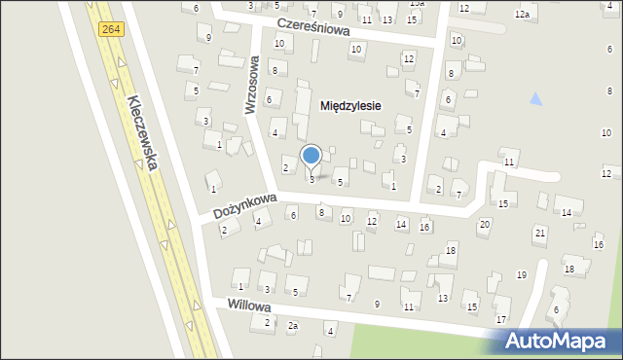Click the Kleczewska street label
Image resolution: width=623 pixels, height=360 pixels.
(142, 133)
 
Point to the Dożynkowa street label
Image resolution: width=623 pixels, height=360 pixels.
(238, 206)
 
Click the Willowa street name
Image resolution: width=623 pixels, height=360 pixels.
(246, 306)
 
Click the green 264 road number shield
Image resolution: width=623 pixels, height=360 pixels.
(110, 31)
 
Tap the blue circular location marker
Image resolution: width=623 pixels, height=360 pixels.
(311, 156)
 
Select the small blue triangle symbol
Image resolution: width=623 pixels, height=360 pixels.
(534, 99)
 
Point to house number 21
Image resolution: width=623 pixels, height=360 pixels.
(540, 233)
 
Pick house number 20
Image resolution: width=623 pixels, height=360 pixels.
(484, 225)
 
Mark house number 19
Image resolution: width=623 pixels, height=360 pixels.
(522, 275)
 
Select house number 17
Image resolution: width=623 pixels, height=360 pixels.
(501, 319)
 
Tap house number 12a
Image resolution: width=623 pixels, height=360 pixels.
(523, 14)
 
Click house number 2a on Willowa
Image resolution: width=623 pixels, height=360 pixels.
(292, 326)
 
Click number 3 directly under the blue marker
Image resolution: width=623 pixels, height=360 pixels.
(311, 179)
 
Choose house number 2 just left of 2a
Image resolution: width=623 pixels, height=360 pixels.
(268, 322)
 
